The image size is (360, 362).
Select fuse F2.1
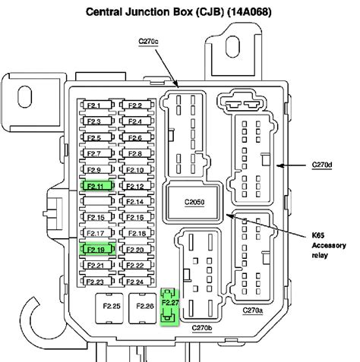(x=94, y=105)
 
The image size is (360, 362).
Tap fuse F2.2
(x=135, y=105)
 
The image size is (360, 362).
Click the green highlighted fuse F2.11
(x=94, y=185)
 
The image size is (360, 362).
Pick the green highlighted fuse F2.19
(x=94, y=249)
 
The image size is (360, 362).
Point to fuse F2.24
(x=135, y=282)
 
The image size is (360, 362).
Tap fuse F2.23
(x=94, y=282)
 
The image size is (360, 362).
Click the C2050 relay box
(x=195, y=203)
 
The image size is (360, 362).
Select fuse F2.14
(x=135, y=202)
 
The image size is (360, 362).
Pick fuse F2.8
(x=135, y=153)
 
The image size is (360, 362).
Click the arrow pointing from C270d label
(x=292, y=164)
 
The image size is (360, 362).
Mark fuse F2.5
(x=94, y=137)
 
